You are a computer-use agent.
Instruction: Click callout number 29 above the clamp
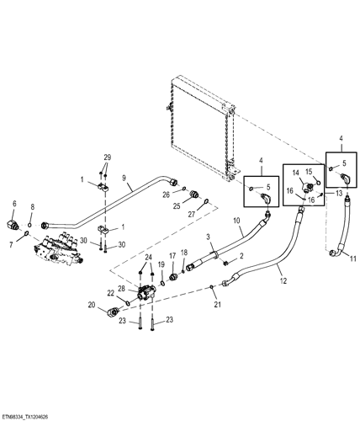click(x=107, y=157)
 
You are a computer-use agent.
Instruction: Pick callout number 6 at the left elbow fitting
click(x=13, y=203)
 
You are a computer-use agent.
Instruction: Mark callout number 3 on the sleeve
click(x=209, y=239)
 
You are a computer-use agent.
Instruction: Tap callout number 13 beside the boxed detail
click(x=339, y=193)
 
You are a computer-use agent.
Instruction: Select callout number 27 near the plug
click(x=191, y=214)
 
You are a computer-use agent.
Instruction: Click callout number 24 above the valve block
click(x=149, y=258)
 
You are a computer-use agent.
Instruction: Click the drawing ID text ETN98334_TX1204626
click(x=29, y=416)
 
